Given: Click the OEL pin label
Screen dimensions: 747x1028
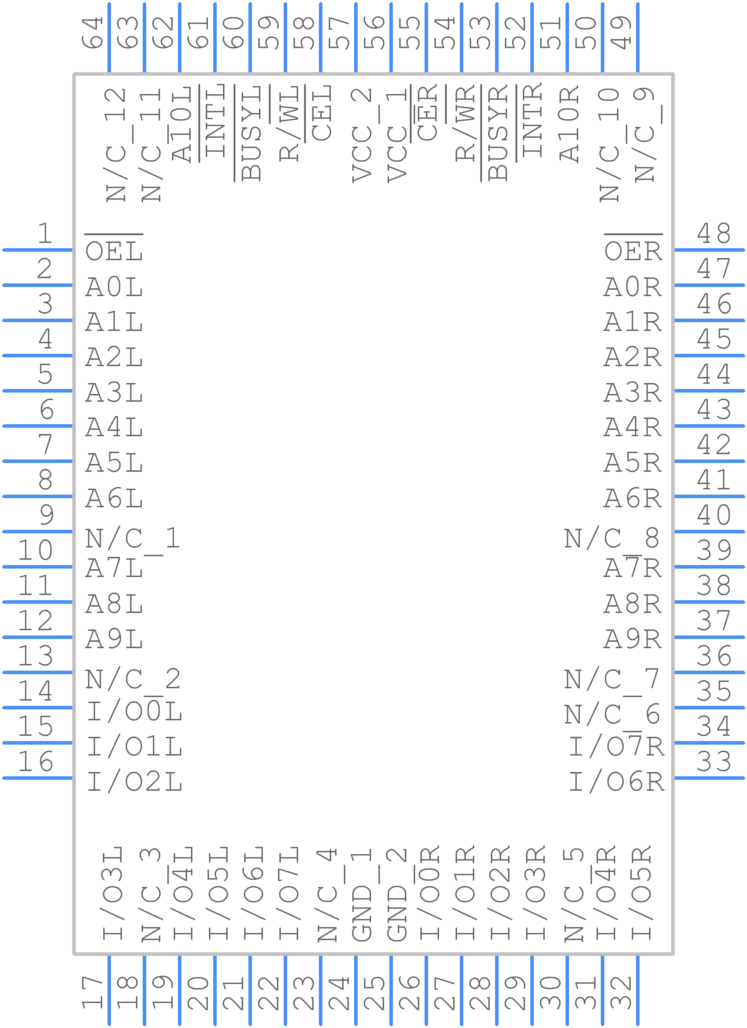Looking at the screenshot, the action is coord(114,251).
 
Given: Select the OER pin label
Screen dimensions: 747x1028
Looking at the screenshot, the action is coord(633,251).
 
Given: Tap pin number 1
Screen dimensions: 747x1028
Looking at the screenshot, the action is coord(45,233).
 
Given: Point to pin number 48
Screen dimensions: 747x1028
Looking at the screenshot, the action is coord(714,233).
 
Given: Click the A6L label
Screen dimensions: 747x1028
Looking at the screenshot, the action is coord(114,498).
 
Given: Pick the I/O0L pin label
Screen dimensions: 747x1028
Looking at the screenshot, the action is coord(135,711).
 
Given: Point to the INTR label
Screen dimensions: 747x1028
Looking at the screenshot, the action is coord(532,120).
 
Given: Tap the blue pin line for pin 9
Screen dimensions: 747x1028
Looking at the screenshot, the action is coord(37,531).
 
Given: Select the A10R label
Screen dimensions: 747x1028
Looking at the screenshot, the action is coord(569,123).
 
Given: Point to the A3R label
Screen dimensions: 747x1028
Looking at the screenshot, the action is coord(633,393).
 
